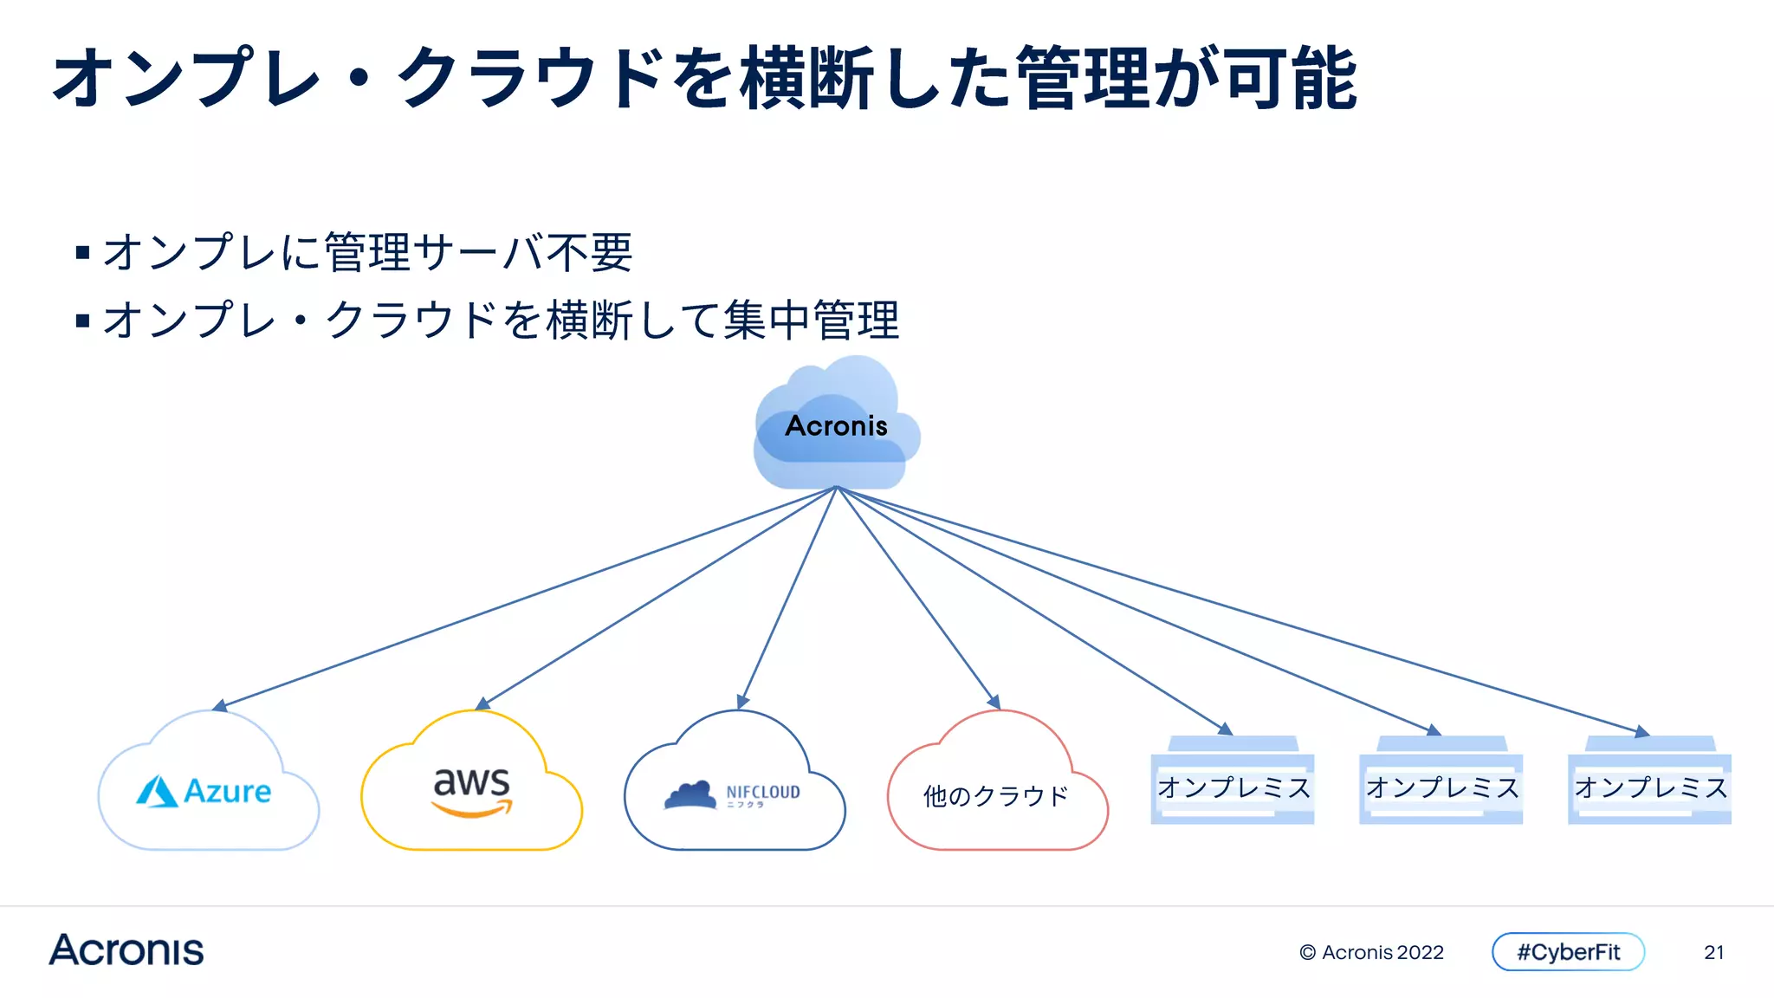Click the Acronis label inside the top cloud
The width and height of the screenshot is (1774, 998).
pyautogui.click(x=836, y=425)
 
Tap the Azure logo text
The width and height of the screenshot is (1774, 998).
pyautogui.click(x=227, y=791)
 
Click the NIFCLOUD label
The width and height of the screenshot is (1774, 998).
pyautogui.click(x=762, y=792)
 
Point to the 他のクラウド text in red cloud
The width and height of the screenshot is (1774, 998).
pyautogui.click(x=996, y=795)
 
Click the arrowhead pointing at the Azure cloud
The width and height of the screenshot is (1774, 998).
pyautogui.click(x=220, y=706)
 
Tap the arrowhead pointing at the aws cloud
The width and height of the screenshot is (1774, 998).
pyautogui.click(x=482, y=703)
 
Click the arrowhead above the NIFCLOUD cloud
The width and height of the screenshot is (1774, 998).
pyautogui.click(x=742, y=701)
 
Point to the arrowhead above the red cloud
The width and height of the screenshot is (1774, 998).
pyautogui.click(x=994, y=702)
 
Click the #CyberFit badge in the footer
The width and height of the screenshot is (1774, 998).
pyautogui.click(x=1568, y=952)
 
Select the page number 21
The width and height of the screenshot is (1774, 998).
pyautogui.click(x=1713, y=952)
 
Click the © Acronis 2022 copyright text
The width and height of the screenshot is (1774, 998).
pyautogui.click(x=1371, y=952)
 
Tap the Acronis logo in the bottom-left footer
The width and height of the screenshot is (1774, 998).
pyautogui.click(x=126, y=950)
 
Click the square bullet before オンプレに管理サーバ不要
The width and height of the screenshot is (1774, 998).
pyautogui.click(x=83, y=253)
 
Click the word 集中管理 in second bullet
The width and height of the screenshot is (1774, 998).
pyautogui.click(x=812, y=320)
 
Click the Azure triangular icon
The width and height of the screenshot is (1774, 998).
pyautogui.click(x=157, y=791)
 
